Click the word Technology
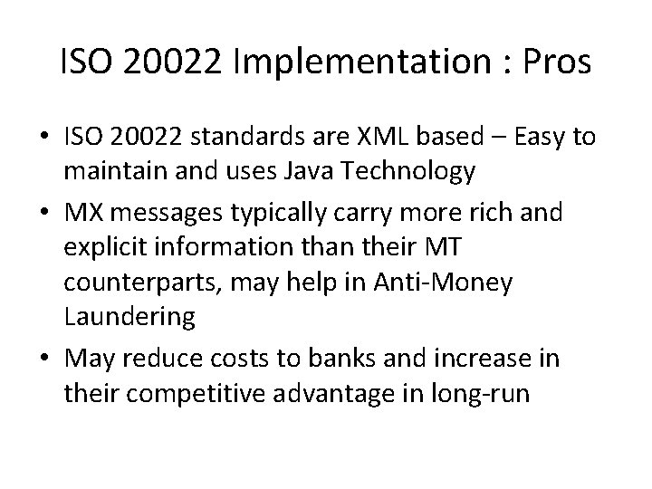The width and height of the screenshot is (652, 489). tap(424, 171)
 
